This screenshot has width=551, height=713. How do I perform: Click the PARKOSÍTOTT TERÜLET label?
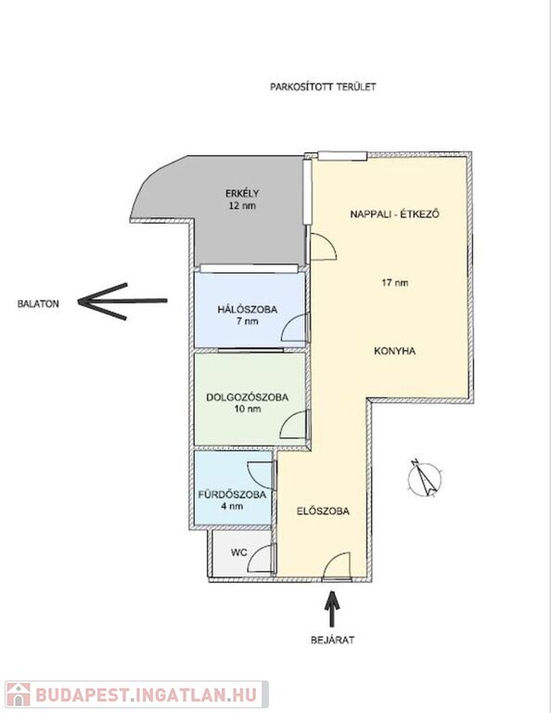click(323, 87)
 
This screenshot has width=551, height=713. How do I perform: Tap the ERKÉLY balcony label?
click(242, 193)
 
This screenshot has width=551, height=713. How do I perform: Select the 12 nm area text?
click(242, 205)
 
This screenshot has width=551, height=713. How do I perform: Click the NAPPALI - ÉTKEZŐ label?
click(395, 214)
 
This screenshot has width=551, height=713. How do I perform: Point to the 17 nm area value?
click(395, 282)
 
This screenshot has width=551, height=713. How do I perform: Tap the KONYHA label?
click(395, 351)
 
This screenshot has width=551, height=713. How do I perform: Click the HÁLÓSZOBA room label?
click(247, 310)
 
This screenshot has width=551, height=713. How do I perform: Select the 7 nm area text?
click(247, 321)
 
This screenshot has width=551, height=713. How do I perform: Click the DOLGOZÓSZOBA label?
click(247, 397)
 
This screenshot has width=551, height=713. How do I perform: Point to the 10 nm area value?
click(248, 408)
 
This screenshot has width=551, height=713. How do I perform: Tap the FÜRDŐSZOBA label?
click(232, 495)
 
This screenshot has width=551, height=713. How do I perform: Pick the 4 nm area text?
click(232, 506)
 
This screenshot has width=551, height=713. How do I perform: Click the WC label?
click(239, 552)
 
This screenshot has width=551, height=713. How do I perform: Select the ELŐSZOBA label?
click(323, 512)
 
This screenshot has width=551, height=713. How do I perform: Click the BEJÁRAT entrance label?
click(332, 640)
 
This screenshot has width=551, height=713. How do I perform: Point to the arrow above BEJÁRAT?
click(332, 609)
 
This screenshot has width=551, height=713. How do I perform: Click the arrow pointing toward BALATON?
click(122, 301)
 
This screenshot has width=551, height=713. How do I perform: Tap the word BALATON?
click(38, 304)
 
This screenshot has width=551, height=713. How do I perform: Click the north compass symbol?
click(424, 478)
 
